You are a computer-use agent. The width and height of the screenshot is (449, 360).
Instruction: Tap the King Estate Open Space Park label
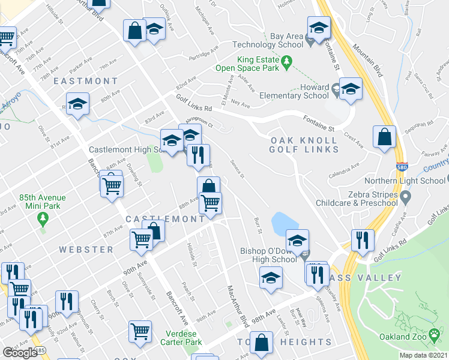[x=249, y=64]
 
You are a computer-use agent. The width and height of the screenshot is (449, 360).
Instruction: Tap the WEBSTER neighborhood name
[x=86, y=249]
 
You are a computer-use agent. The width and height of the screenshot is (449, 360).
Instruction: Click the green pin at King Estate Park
[x=287, y=61]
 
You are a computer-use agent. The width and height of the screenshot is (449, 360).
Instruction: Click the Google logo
[x=20, y=352]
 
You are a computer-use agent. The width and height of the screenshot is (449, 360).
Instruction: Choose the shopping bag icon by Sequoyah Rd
[x=384, y=138]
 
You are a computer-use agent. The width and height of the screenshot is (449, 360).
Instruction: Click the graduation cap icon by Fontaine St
[x=319, y=28]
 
